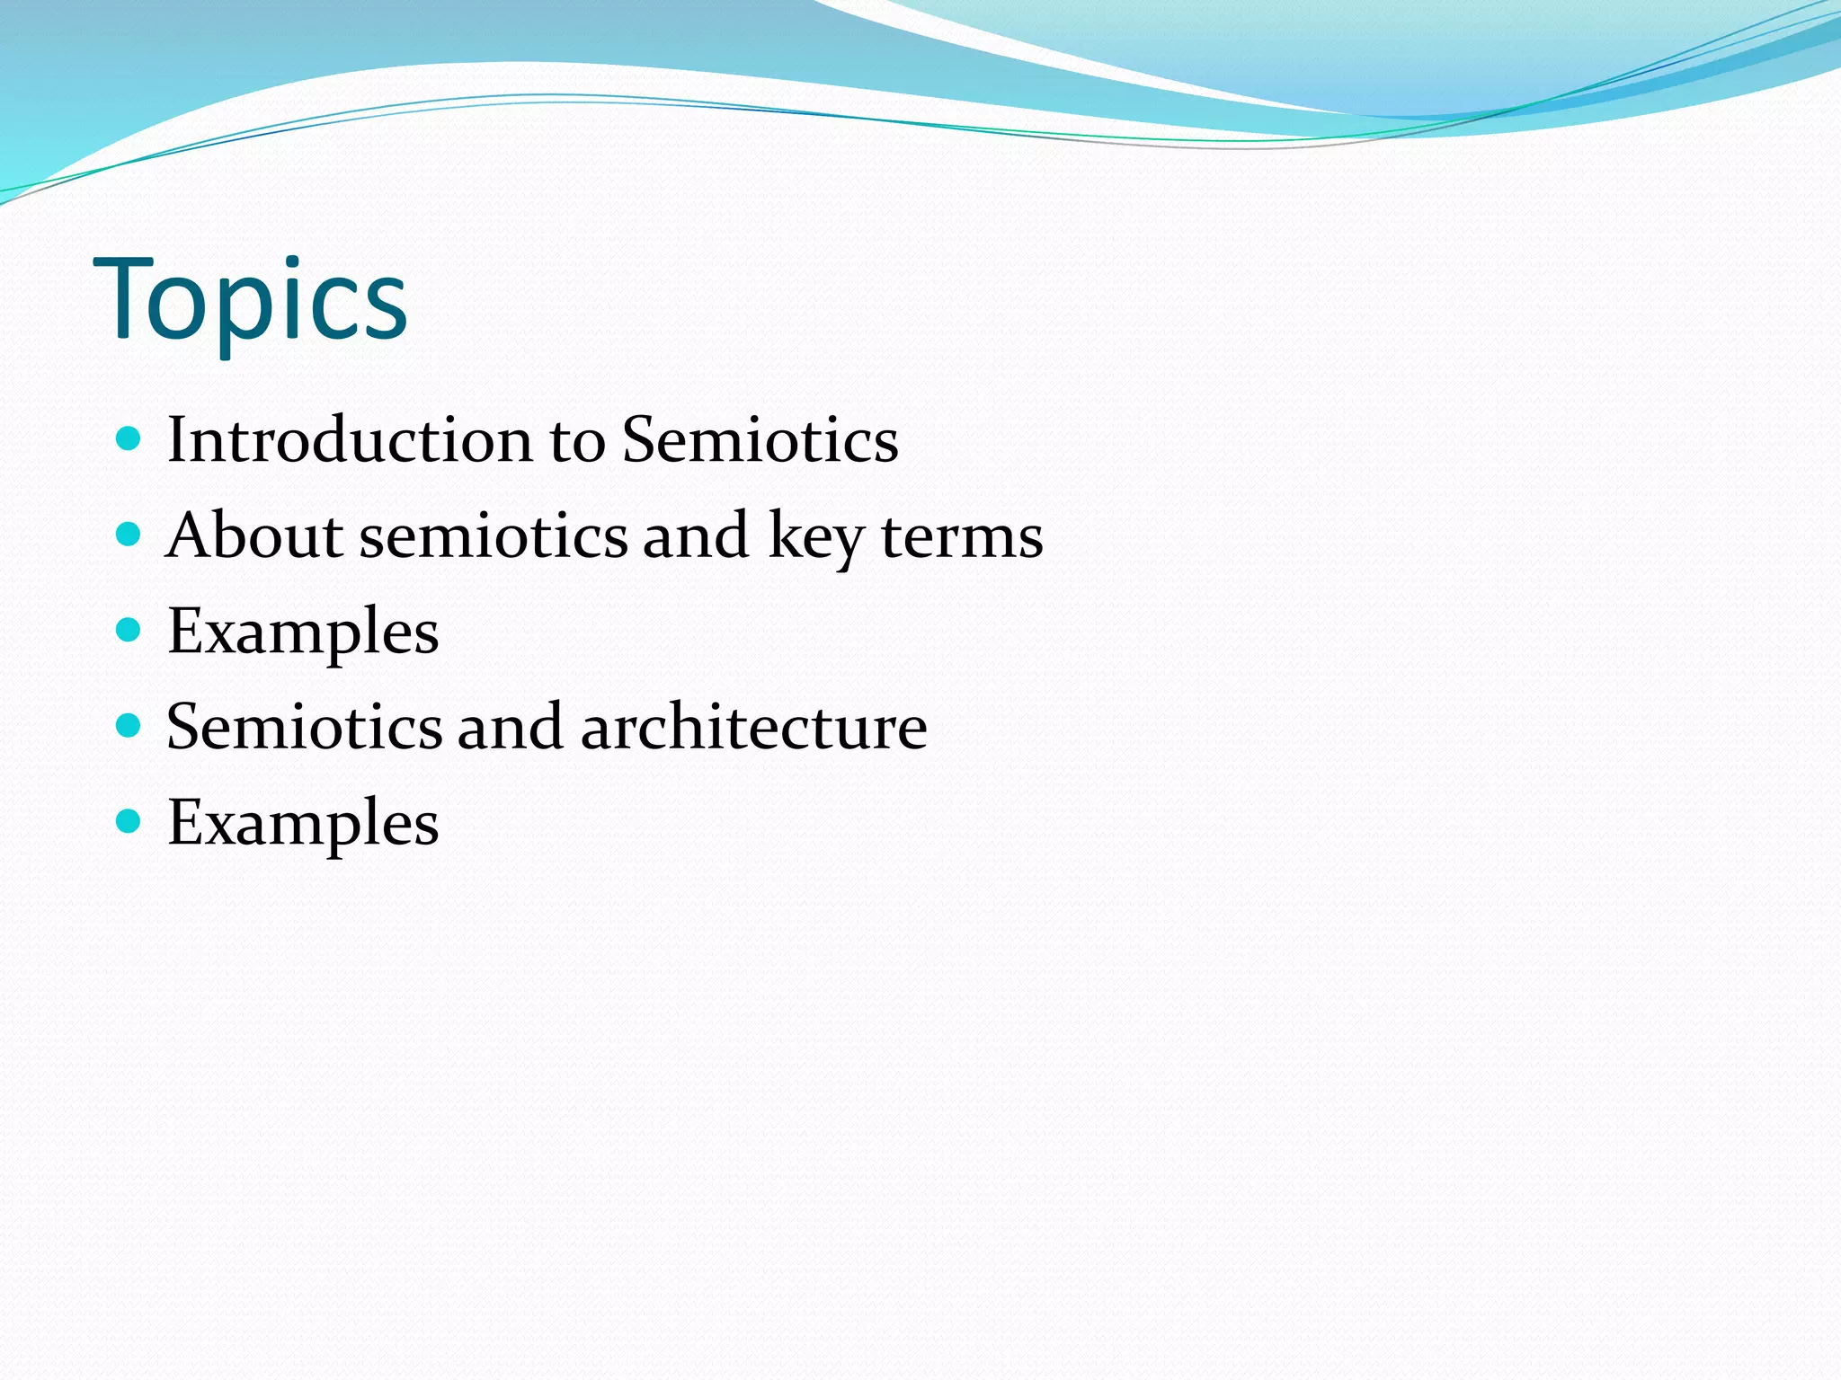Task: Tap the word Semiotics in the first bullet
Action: click(x=760, y=440)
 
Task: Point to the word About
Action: click(x=254, y=535)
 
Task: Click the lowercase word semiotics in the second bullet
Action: click(x=494, y=535)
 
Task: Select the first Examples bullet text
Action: click(x=303, y=632)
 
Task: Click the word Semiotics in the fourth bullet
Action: click(x=305, y=726)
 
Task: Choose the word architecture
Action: click(x=753, y=726)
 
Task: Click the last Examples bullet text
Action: click(x=303, y=823)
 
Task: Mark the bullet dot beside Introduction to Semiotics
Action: click(x=129, y=438)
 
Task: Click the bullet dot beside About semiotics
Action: click(x=129, y=535)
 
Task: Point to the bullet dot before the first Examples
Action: click(x=129, y=630)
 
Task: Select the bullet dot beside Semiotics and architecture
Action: click(x=129, y=725)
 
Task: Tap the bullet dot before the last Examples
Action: click(x=129, y=820)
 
